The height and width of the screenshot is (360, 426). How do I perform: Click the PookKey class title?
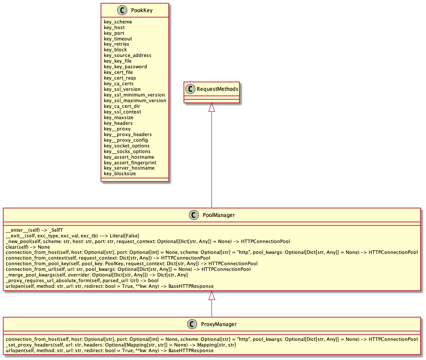click(142, 10)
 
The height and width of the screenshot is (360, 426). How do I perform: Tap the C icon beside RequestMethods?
click(191, 89)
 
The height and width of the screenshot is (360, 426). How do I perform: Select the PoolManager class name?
click(219, 215)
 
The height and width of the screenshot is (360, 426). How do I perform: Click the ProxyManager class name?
click(219, 324)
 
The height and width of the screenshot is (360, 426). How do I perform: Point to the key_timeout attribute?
click(118, 39)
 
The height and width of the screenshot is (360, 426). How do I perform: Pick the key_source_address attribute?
click(127, 55)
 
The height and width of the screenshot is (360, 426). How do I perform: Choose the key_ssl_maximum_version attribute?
click(135, 100)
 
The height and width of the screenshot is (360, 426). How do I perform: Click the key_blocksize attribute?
click(120, 173)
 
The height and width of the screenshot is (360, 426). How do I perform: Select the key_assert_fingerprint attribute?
click(130, 163)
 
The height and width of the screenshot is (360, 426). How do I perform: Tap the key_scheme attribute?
click(118, 22)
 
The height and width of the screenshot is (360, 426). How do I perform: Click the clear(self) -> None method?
click(28, 247)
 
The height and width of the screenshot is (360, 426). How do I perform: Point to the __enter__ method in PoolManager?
click(34, 230)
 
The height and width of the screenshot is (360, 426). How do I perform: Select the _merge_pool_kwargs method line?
click(97, 275)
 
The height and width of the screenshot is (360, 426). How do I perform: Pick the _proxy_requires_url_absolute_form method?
click(82, 280)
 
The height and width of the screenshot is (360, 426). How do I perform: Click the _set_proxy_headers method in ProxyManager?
click(121, 345)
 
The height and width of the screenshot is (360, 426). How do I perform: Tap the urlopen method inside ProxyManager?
click(109, 350)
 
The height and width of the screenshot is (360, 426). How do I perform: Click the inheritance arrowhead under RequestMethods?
click(211, 107)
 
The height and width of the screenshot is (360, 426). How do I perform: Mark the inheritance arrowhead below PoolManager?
click(211, 296)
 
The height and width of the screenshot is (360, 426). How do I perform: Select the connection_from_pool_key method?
click(132, 263)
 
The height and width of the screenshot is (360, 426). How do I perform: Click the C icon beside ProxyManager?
click(192, 324)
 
